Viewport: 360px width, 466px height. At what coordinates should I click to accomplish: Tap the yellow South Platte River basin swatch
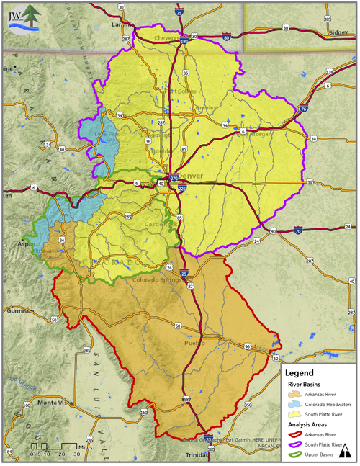[x=292, y=415]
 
